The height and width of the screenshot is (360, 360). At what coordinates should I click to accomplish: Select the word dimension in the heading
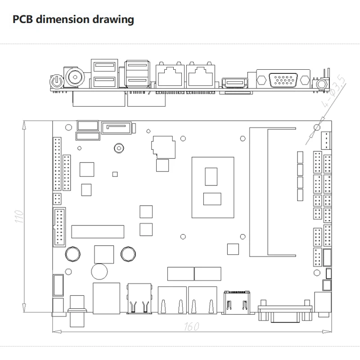(65, 20)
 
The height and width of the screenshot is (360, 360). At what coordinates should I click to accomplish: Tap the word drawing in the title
(114, 20)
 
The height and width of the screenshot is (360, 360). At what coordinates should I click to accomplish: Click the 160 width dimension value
(192, 327)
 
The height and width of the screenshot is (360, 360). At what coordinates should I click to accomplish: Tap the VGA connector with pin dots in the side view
(283, 80)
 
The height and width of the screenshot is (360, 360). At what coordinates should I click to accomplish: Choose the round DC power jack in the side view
(74, 76)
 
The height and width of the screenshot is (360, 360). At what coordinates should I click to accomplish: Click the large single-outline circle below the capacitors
(99, 271)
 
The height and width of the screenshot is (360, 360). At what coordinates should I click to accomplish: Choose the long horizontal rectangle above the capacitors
(98, 232)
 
